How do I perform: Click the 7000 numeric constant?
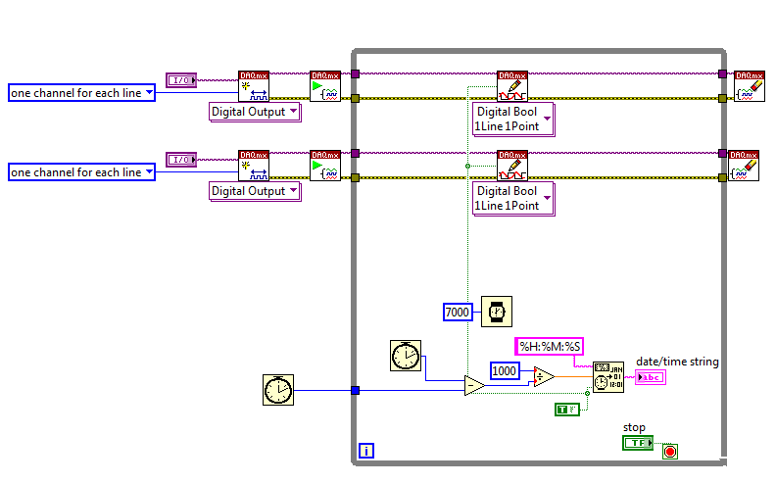coord(458,312)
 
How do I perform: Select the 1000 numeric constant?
coord(505,370)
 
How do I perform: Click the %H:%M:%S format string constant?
coord(550,346)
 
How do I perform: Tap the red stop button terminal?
coord(670,452)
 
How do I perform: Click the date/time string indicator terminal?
coord(649,377)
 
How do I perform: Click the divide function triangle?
coord(545,377)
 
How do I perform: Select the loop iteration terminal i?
coord(366,452)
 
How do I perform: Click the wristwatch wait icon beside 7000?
coord(496,312)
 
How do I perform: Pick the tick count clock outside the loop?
coord(278,390)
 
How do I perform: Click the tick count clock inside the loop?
coord(405,355)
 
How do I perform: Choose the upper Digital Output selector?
coord(255,112)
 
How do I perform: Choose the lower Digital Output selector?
coord(255,191)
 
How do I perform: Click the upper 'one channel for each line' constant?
coord(81,92)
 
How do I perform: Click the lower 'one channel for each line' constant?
coord(81,172)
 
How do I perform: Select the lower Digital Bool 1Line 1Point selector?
coord(513,199)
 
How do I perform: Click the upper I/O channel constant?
coord(181,79)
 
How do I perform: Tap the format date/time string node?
coord(607,377)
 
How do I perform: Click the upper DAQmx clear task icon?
coord(750,86)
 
